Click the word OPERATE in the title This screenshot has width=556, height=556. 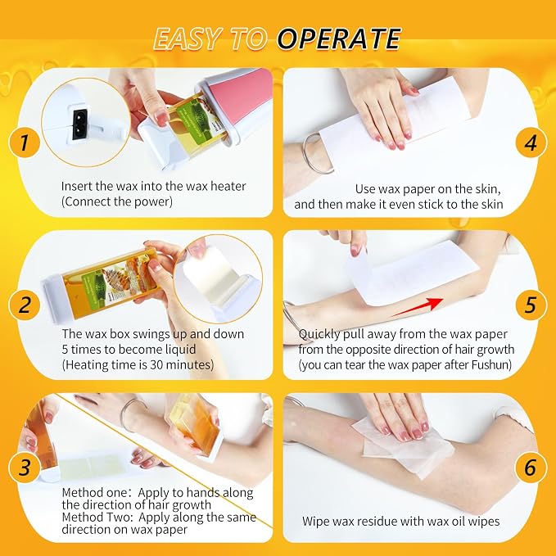click(x=339, y=38)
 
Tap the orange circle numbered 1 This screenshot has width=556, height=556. click(x=24, y=142)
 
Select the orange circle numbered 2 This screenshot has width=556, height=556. click(x=24, y=305)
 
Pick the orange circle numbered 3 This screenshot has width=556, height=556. click(x=24, y=467)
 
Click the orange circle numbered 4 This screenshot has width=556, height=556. click(x=531, y=142)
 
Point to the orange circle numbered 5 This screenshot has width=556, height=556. click(x=531, y=305)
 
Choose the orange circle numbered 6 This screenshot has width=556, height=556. click(x=531, y=467)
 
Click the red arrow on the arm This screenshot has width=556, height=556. click(x=418, y=306)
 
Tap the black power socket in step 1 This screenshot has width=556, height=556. click(x=79, y=124)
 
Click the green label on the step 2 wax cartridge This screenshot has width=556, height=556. click(x=93, y=287)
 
